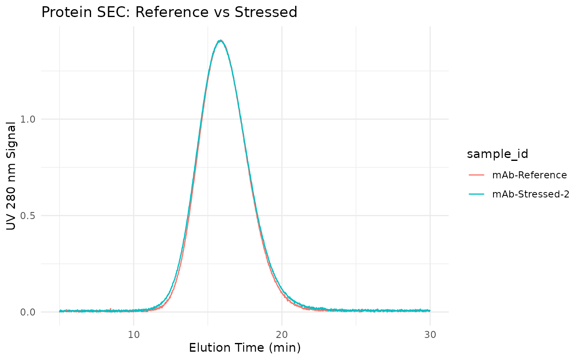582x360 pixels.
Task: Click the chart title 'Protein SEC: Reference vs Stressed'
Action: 169,12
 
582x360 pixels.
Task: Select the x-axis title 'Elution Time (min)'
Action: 244,348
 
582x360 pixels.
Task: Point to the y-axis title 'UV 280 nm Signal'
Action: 12,175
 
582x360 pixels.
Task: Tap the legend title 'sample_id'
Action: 497,154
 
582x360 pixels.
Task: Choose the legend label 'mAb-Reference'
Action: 529,175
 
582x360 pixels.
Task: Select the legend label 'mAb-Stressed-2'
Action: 530,195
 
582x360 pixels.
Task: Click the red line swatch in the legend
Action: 476,175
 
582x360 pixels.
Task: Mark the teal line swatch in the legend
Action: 476,195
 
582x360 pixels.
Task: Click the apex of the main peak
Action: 220,41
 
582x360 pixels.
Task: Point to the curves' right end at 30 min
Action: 430,311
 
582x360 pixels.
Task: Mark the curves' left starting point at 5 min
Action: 60,311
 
